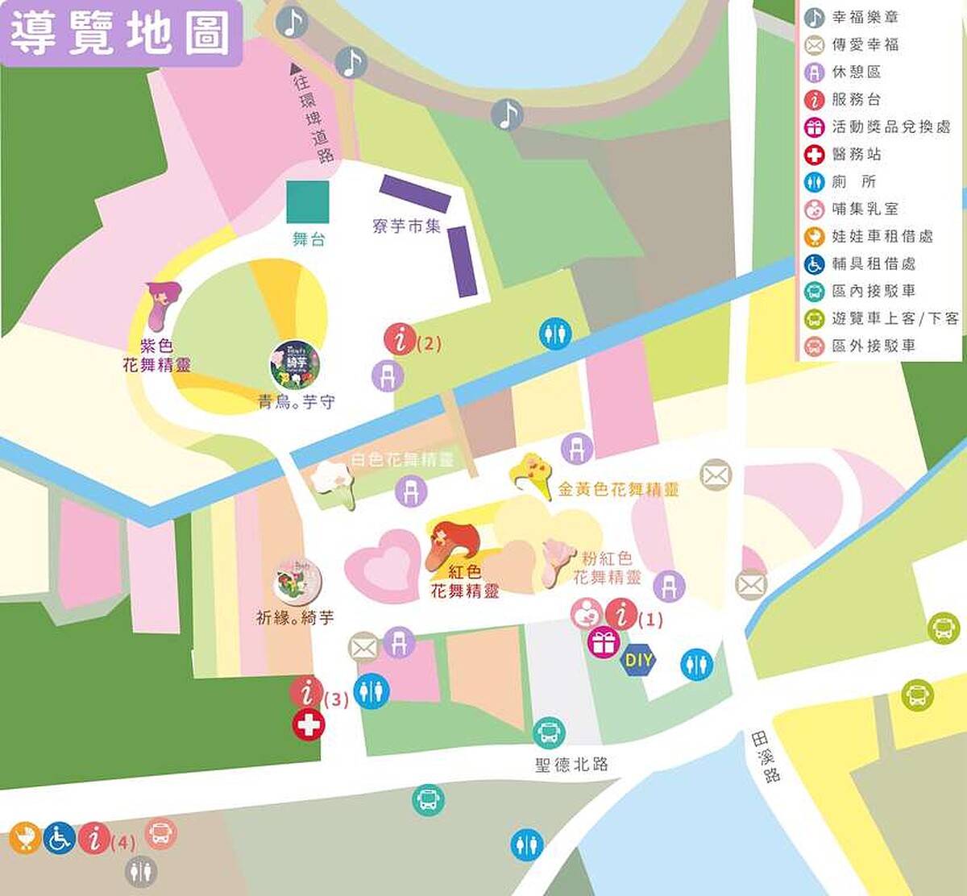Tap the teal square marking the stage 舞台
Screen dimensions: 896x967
pyautogui.click(x=308, y=201)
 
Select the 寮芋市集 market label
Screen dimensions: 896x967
pyautogui.click(x=407, y=226)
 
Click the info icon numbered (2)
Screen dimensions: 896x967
pyautogui.click(x=400, y=339)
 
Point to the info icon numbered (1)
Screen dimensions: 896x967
pyautogui.click(x=621, y=615)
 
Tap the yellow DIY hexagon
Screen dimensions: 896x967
pyautogui.click(x=639, y=661)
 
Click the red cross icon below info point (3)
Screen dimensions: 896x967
pyautogui.click(x=308, y=725)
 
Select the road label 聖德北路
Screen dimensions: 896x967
pyautogui.click(x=571, y=764)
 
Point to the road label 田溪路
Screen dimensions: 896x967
pyautogui.click(x=766, y=757)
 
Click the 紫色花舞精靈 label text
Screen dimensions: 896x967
pyautogui.click(x=156, y=355)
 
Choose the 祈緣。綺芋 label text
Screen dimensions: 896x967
pyautogui.click(x=294, y=618)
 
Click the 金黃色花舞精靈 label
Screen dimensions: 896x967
pyautogui.click(x=618, y=489)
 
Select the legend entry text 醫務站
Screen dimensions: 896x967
pyautogui.click(x=857, y=154)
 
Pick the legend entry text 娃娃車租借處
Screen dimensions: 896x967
pyautogui.click(x=882, y=236)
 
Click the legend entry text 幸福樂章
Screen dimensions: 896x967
pyautogui.click(x=865, y=17)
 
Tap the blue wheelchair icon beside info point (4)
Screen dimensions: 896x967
pyautogui.click(x=60, y=838)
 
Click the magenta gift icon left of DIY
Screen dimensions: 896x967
pyautogui.click(x=603, y=643)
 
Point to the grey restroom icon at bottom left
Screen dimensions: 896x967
pyautogui.click(x=141, y=871)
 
